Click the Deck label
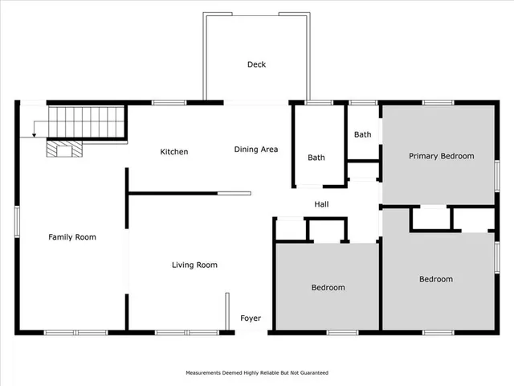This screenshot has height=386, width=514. coord(256,64)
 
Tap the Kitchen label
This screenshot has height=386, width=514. coord(173,151)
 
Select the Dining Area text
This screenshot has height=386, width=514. coord(256,150)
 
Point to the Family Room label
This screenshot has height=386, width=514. coord(72,237)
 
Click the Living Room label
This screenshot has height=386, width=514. coord(194,265)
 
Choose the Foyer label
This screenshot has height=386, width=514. coord(251,318)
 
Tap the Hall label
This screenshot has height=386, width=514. coord(321,205)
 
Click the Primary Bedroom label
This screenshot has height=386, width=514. coord(441,156)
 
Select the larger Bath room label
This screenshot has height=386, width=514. coord(316,158)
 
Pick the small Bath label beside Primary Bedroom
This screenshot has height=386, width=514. coord(363,134)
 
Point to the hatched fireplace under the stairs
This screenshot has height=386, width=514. coord(62,149)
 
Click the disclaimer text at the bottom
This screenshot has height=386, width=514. coord(257,373)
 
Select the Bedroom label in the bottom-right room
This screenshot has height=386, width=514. coord(436,279)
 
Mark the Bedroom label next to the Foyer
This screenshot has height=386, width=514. coord(328,287)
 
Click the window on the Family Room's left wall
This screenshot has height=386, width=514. coord(16,220)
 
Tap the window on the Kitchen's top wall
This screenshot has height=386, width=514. coord(164,102)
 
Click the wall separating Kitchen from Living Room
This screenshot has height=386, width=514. coord(173,193)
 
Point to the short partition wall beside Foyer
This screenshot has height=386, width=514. coord(226,310)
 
